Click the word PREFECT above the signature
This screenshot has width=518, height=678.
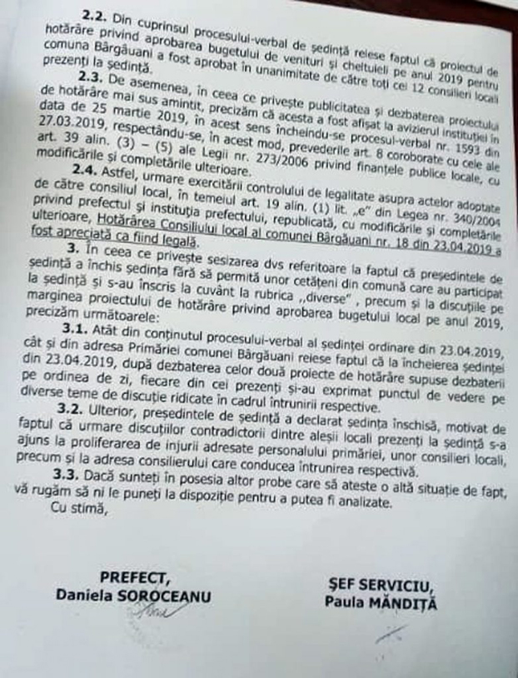tap(135, 577)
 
